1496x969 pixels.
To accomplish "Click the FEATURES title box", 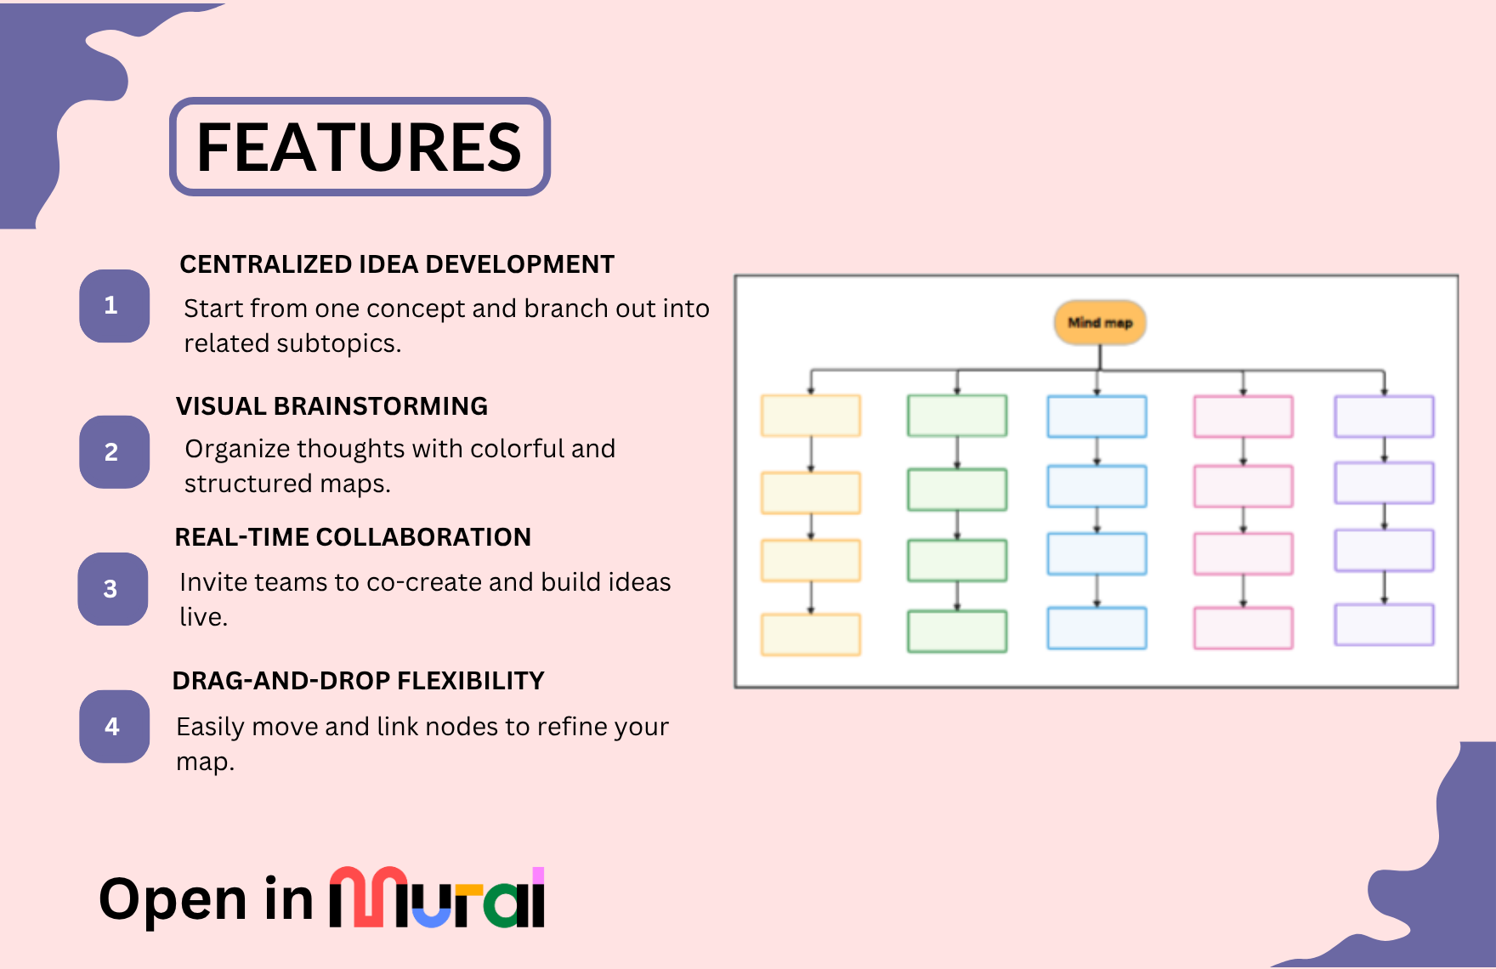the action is pos(360,146).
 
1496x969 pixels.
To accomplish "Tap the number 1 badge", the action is pos(114,306).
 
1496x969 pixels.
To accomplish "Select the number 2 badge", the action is pos(114,451).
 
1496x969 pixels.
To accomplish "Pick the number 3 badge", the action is pos(113,589).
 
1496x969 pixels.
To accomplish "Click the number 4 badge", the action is pos(114,726).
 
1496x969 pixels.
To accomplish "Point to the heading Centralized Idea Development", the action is pos(397,264).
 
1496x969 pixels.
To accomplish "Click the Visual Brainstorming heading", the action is pos(331,406).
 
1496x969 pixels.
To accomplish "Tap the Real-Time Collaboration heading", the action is pos(353,537).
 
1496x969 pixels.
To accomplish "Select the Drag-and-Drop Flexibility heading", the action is pos(358,681).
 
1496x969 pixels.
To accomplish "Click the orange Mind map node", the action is pos(1100,322).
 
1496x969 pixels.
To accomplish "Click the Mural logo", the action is pos(437,898).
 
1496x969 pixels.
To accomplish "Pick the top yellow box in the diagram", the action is pos(811,416).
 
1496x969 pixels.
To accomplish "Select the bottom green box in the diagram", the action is pos(957,631).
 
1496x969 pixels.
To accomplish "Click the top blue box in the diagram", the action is pos(1096,416).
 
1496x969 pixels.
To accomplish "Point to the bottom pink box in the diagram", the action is pos(1243,627).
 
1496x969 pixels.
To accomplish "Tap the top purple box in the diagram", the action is pos(1384,416).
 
